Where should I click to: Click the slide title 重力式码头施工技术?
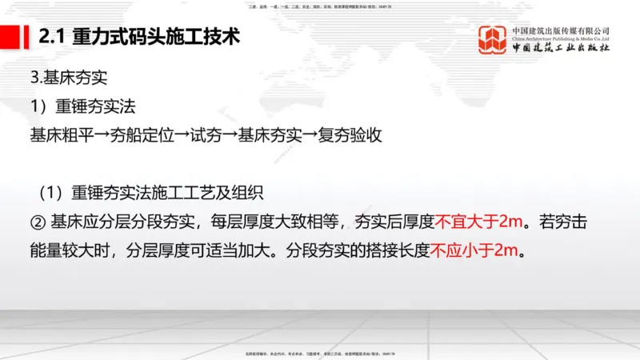pos(156,38)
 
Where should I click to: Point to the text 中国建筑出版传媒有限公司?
pos(561,30)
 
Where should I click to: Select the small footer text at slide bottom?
pos(320,353)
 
